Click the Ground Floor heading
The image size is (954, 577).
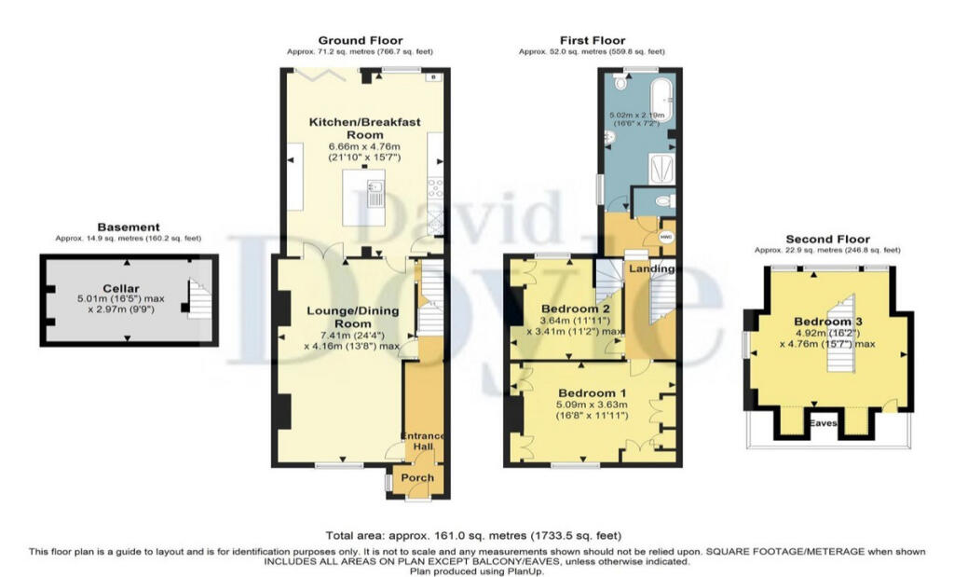point(360,40)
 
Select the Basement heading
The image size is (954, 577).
point(129,227)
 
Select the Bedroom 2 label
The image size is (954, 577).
point(575,309)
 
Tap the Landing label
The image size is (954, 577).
point(652,268)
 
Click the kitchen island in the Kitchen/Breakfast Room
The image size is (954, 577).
point(364,197)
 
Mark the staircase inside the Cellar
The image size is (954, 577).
point(200,298)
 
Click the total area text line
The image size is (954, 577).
point(472,535)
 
